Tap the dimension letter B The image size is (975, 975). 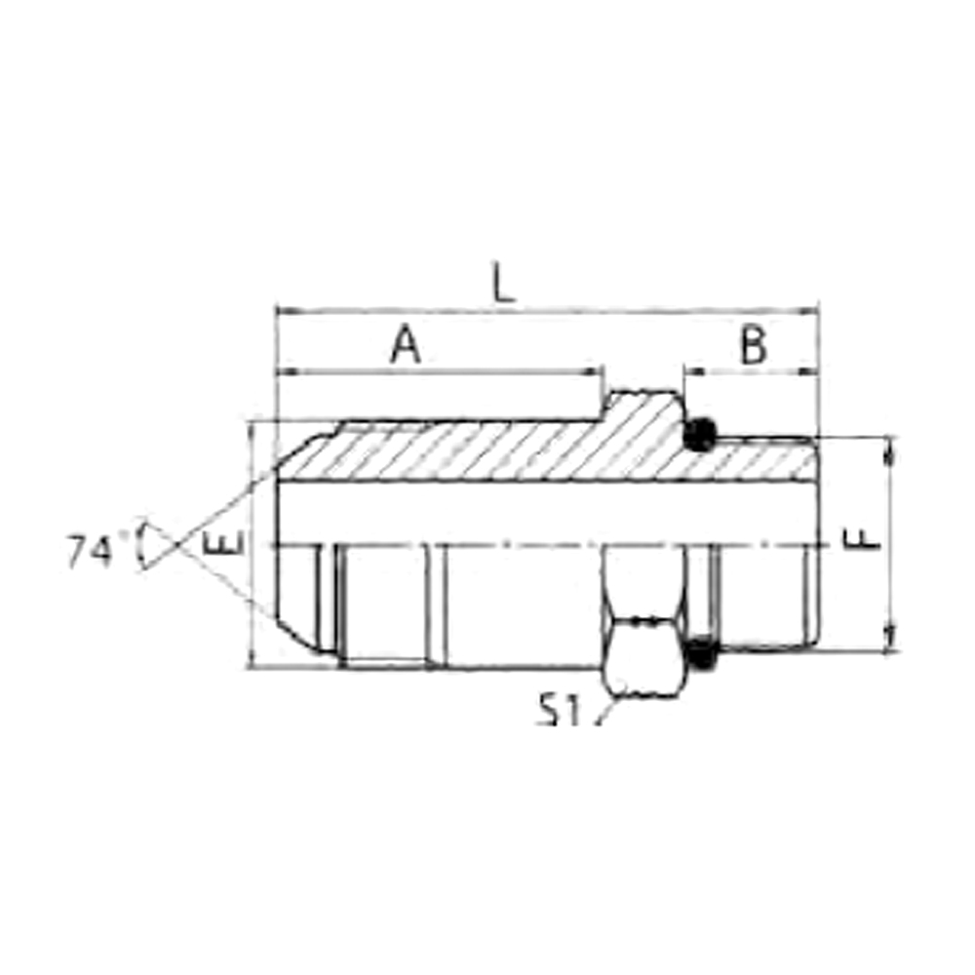tap(754, 345)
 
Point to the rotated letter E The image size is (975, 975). tap(222, 543)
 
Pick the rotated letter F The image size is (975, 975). tap(861, 539)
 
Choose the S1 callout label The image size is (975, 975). tap(558, 710)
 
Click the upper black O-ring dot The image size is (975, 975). tap(699, 435)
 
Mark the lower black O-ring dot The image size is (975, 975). tap(702, 653)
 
